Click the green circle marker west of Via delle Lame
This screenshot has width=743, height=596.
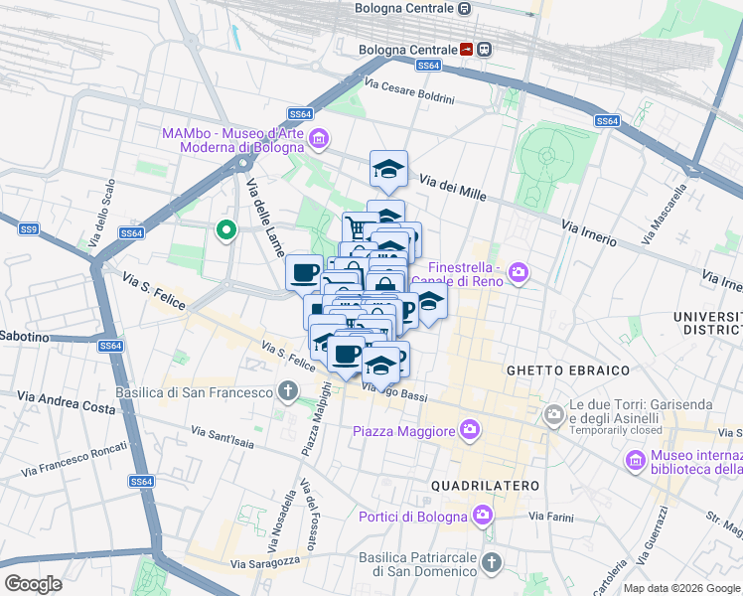tap(226, 231)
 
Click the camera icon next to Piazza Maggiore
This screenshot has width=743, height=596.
tap(469, 430)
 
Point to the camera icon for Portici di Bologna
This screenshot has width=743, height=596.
tap(482, 516)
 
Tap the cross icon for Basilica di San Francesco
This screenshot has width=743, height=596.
tap(288, 391)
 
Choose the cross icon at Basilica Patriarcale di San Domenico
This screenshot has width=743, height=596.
tap(490, 563)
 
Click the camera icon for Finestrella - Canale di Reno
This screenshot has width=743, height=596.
tap(518, 271)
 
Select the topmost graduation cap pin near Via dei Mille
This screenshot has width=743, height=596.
tap(388, 169)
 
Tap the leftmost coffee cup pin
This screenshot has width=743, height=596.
tap(304, 271)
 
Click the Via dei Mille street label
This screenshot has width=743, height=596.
tap(452, 188)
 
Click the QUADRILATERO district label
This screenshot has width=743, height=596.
tap(486, 485)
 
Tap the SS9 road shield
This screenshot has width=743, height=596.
tap(28, 229)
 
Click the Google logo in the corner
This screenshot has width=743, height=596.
tap(33, 583)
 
